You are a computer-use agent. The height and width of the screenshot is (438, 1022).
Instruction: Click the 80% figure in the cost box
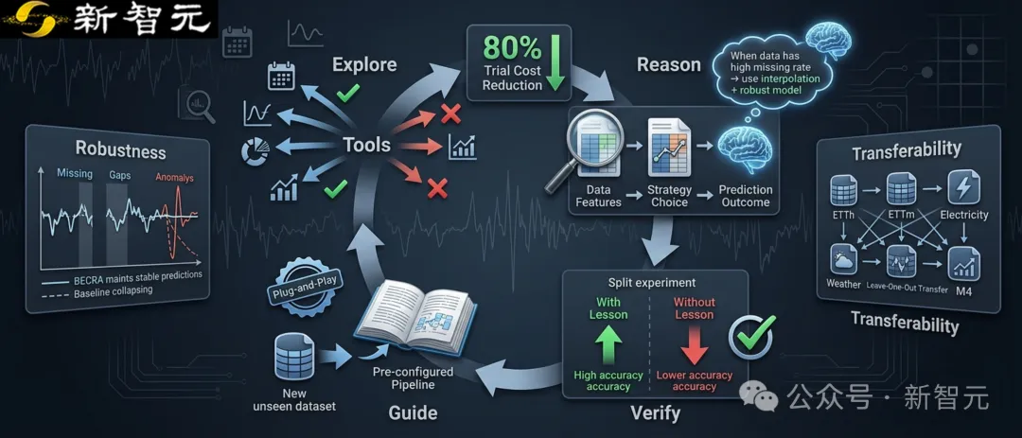(512, 50)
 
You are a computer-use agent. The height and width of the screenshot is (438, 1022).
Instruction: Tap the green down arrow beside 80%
(555, 61)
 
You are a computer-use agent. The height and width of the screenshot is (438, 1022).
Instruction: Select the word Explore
(364, 65)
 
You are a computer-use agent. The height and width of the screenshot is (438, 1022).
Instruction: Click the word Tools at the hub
(367, 144)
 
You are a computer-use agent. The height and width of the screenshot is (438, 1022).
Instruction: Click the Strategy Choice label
(669, 196)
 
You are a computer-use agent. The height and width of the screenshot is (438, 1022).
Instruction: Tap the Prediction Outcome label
(745, 196)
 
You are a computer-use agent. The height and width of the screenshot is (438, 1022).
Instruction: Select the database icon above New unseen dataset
(294, 356)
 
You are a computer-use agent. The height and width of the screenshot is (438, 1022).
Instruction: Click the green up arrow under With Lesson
(608, 344)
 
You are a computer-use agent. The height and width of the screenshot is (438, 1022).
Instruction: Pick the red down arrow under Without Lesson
(695, 345)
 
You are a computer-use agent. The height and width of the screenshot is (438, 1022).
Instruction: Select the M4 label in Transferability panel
(963, 291)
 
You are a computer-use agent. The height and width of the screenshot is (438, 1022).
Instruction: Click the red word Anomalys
(174, 177)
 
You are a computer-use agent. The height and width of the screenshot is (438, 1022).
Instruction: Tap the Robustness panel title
(120, 149)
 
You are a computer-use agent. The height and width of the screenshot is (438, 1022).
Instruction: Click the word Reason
(669, 65)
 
